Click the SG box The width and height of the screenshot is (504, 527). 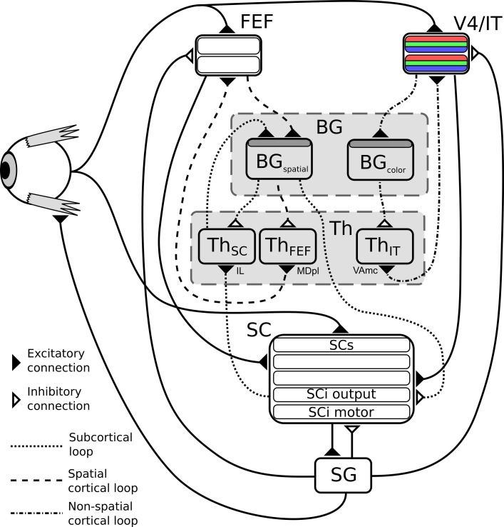(x=343, y=476)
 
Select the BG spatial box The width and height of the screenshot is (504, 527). (x=279, y=159)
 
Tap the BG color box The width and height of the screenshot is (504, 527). (x=381, y=160)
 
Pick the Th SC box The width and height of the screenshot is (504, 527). (x=227, y=246)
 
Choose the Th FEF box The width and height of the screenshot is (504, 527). (x=288, y=246)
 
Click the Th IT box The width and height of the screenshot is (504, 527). (x=384, y=246)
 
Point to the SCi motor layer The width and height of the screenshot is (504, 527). (x=341, y=412)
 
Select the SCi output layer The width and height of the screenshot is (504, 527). (x=341, y=394)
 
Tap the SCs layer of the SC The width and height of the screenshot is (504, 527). (x=341, y=345)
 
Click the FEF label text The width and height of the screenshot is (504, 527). (x=257, y=21)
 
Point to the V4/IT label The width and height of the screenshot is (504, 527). (x=478, y=23)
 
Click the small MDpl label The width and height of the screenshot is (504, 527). (x=308, y=271)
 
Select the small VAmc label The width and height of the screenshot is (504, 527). (x=365, y=270)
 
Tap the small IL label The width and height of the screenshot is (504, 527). (x=240, y=271)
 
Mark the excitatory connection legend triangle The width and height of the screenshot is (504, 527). (x=16, y=362)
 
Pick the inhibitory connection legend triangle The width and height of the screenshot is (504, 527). (x=16, y=400)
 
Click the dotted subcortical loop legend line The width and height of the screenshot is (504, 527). (x=36, y=446)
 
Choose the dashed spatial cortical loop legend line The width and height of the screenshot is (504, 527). (x=36, y=481)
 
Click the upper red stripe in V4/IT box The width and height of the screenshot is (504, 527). (x=436, y=39)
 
